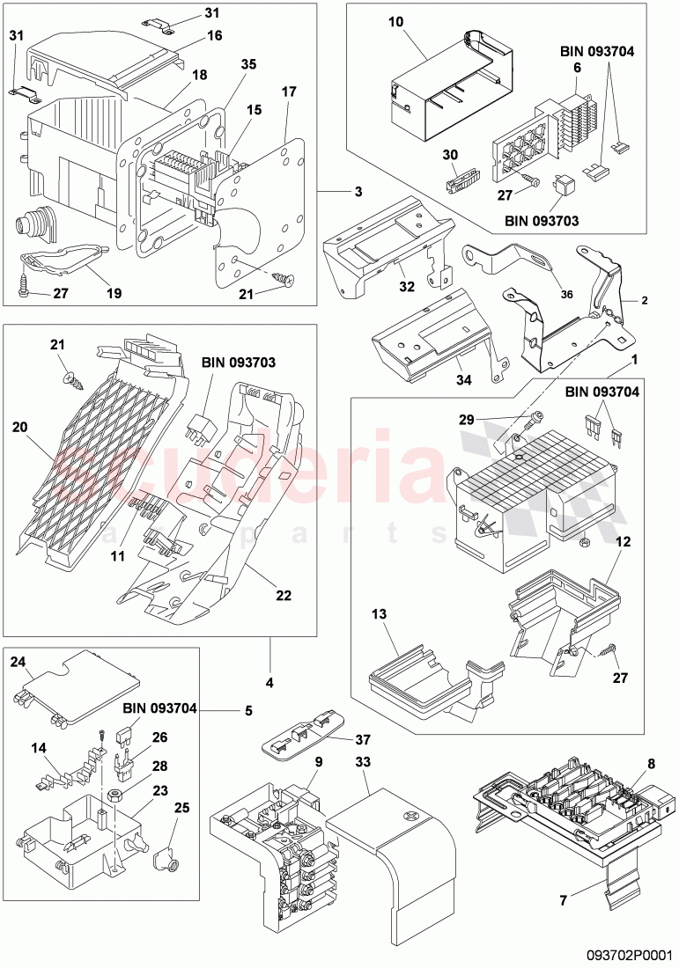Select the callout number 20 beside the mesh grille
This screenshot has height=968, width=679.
click(19, 427)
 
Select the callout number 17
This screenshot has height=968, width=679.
click(290, 92)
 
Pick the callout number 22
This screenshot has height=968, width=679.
click(284, 596)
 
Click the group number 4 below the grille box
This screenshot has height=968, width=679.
click(269, 683)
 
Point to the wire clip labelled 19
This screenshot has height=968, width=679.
click(62, 260)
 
